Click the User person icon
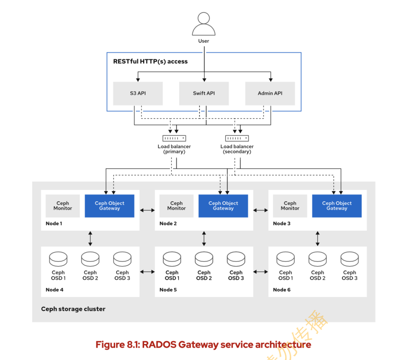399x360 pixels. (203, 25)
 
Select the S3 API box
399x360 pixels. (138, 93)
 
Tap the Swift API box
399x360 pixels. (204, 93)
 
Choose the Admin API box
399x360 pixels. (270, 93)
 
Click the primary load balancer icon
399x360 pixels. (174, 138)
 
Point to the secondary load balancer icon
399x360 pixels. (237, 138)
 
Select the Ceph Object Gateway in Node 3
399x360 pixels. (337, 206)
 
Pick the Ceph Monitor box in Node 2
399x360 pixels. (176, 206)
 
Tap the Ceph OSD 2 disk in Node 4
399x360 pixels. (90, 259)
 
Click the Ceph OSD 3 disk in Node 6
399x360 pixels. (349, 259)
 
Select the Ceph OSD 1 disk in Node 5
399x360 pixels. (172, 259)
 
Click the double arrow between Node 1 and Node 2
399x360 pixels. (147, 210)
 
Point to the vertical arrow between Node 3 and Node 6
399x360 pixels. (317, 238)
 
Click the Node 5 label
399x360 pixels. (168, 290)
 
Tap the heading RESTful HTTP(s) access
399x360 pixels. (150, 61)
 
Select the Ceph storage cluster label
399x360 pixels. (73, 309)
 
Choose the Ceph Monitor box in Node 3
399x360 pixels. (290, 206)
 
